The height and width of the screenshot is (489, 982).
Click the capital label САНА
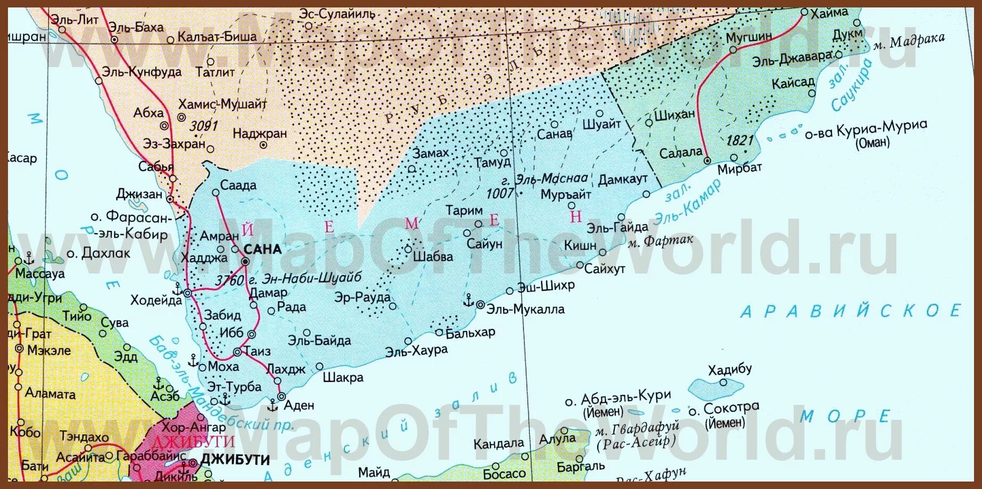pos(262,249)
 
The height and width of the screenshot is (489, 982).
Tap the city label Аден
pos(299,405)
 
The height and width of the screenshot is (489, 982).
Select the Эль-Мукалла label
pos(526,309)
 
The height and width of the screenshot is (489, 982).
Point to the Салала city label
pos(680,153)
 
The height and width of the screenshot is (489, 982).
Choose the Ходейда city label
pos(156,300)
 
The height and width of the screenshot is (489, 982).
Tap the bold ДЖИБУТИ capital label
pos(235,460)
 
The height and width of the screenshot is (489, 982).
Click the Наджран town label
pos(260,133)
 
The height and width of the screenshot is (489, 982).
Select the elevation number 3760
pos(230,280)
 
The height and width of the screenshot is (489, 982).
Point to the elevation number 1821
pos(740,140)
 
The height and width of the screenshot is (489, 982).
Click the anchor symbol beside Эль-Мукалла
pos(468,301)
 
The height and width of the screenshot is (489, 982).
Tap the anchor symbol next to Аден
pos(272,405)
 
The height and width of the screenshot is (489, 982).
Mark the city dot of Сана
pos(245,261)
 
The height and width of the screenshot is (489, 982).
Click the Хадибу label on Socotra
pos(729,369)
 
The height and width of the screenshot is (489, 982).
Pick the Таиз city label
pos(257,351)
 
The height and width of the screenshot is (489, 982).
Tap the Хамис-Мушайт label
pos(222,104)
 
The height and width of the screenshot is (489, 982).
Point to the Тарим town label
pos(464,211)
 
